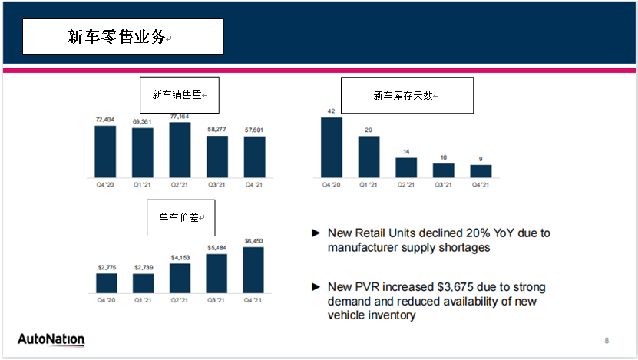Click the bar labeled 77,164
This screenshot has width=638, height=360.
tap(180, 150)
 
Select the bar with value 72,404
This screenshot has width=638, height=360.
tap(105, 152)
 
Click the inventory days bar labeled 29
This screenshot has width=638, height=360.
tap(369, 157)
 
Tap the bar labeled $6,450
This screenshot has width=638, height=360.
tap(253, 270)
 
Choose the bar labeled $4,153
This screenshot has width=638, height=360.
tap(180, 279)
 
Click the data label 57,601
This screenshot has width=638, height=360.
tap(254, 130)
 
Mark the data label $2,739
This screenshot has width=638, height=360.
tap(143, 267)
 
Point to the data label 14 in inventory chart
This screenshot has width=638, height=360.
tap(406, 152)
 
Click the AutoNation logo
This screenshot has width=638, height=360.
tap(51, 339)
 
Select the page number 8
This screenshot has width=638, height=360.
tap(607, 340)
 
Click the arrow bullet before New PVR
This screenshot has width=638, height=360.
tap(315, 286)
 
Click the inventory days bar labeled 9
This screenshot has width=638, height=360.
tap(481, 171)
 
